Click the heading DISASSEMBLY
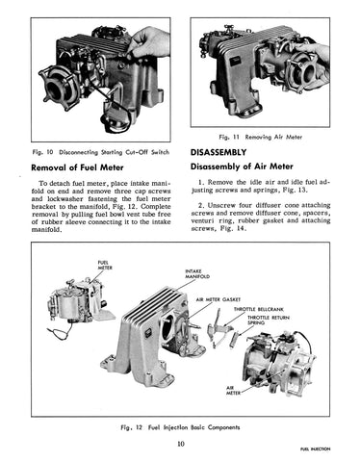[219, 152]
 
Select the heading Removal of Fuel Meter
[77, 167]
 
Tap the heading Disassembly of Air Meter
[242, 167]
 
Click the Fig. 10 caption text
[101, 152]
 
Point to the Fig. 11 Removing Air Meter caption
[260, 137]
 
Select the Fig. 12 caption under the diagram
[180, 427]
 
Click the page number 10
[181, 444]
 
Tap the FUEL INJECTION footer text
[315, 449]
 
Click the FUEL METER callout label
[105, 265]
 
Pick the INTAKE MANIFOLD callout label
[197, 273]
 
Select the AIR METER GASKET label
[219, 299]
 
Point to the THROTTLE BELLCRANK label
[258, 309]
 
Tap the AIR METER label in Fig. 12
[233, 390]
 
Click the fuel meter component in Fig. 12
[80, 301]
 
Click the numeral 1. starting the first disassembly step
[201, 182]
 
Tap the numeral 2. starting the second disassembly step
[201, 205]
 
